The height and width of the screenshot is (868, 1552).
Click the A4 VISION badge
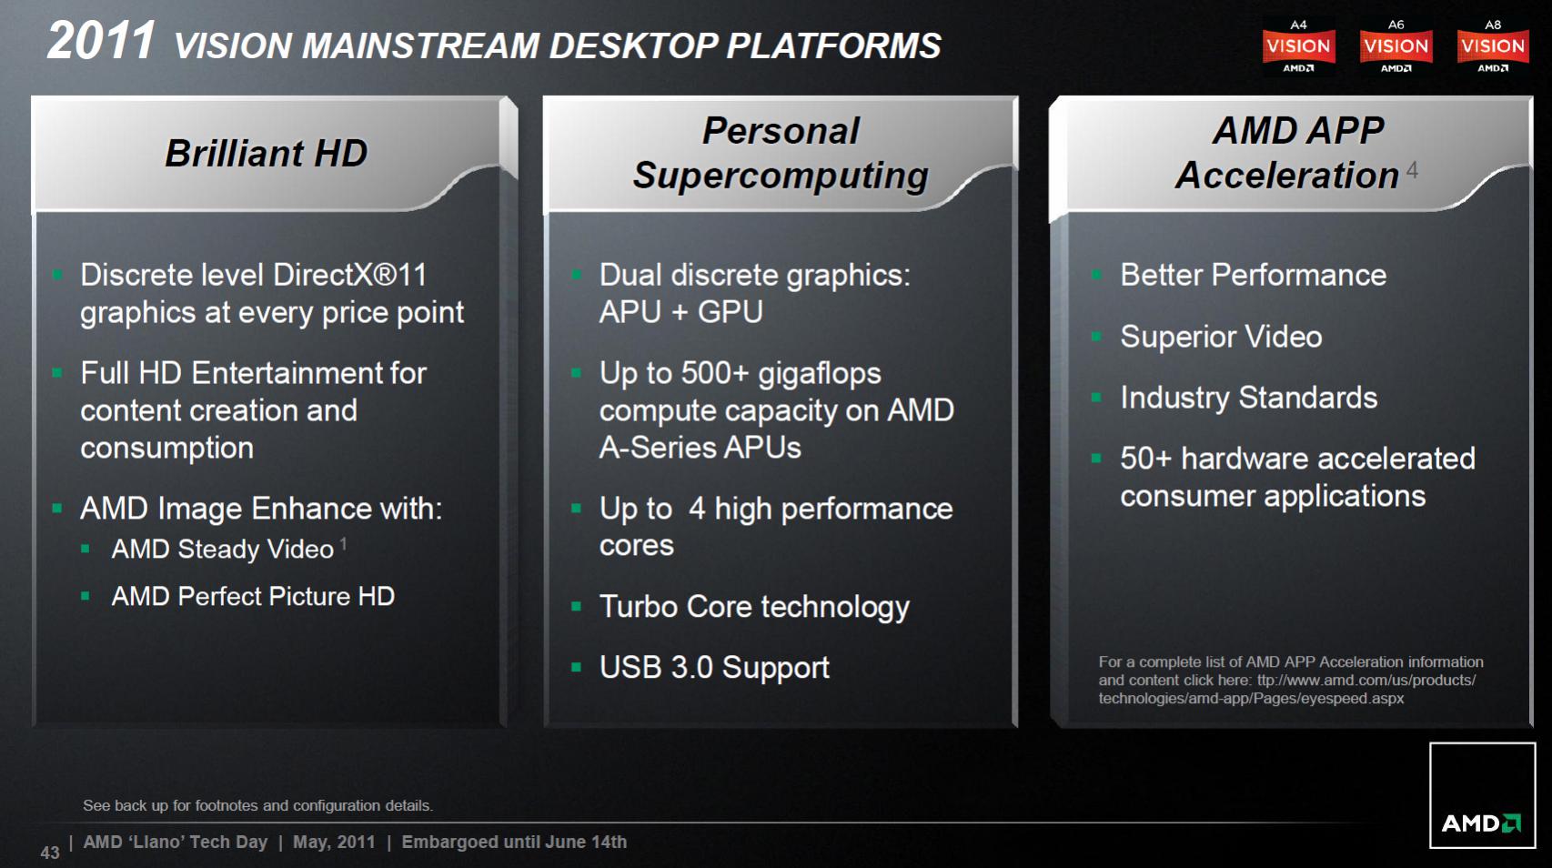pyautogui.click(x=1298, y=46)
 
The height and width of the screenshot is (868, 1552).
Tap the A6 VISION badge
pyautogui.click(x=1396, y=46)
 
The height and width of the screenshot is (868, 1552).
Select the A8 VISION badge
pyautogui.click(x=1493, y=46)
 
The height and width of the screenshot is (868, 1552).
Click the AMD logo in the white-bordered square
pyautogui.click(x=1481, y=823)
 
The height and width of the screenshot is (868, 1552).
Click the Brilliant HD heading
pyautogui.click(x=266, y=153)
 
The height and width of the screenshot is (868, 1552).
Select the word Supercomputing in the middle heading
pyautogui.click(x=781, y=176)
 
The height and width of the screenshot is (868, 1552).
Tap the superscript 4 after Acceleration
pyautogui.click(x=1412, y=170)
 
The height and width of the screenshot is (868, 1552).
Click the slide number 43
pyautogui.click(x=50, y=853)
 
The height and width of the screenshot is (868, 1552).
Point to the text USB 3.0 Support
pyautogui.click(x=714, y=668)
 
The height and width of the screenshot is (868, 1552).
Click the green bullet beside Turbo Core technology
pyautogui.click(x=576, y=607)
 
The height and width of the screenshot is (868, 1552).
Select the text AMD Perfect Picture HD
pyautogui.click(x=253, y=597)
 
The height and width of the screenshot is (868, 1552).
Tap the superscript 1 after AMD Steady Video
pyautogui.click(x=344, y=544)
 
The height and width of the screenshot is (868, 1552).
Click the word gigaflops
pyautogui.click(x=820, y=375)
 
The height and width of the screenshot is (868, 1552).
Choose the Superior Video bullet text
pyautogui.click(x=1221, y=337)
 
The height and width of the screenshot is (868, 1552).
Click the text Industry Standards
pyautogui.click(x=1248, y=398)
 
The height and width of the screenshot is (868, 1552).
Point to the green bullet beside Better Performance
pyautogui.click(x=1096, y=275)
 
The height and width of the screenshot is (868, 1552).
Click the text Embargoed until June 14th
pyautogui.click(x=514, y=842)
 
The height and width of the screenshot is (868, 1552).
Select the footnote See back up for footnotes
pyautogui.click(x=257, y=805)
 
